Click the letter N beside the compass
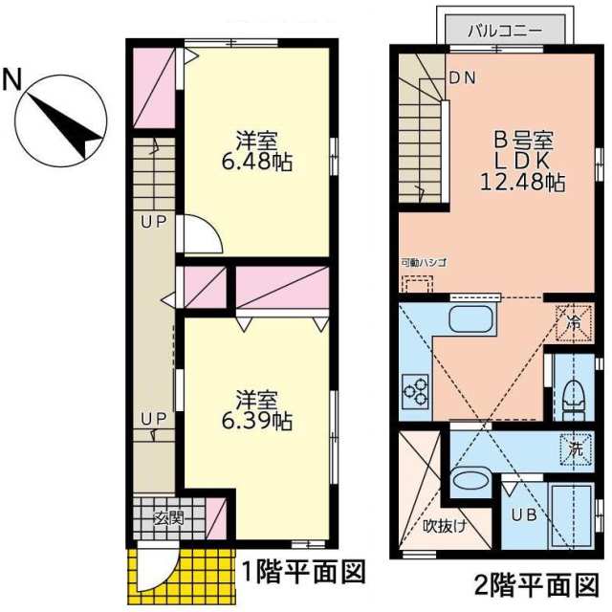pyautogui.click(x=12, y=79)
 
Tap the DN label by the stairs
pyautogui.click(x=463, y=77)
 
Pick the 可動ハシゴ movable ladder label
pyautogui.click(x=424, y=261)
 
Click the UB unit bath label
pyautogui.click(x=522, y=514)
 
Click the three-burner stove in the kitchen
pyautogui.click(x=417, y=389)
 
